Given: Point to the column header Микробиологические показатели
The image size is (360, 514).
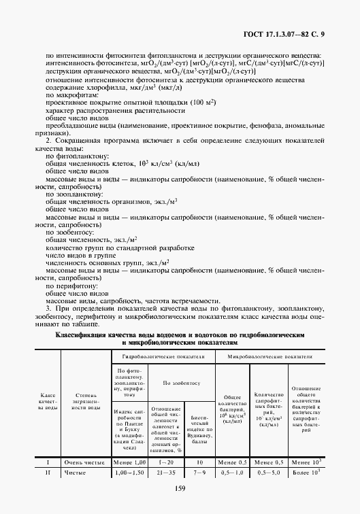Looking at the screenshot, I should [270, 356].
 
